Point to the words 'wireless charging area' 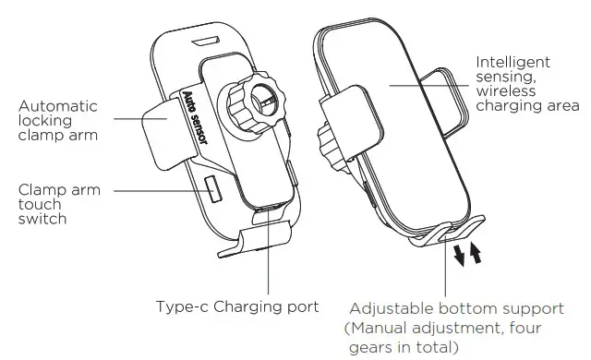tap(517, 99)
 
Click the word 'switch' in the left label tap(43, 221)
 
